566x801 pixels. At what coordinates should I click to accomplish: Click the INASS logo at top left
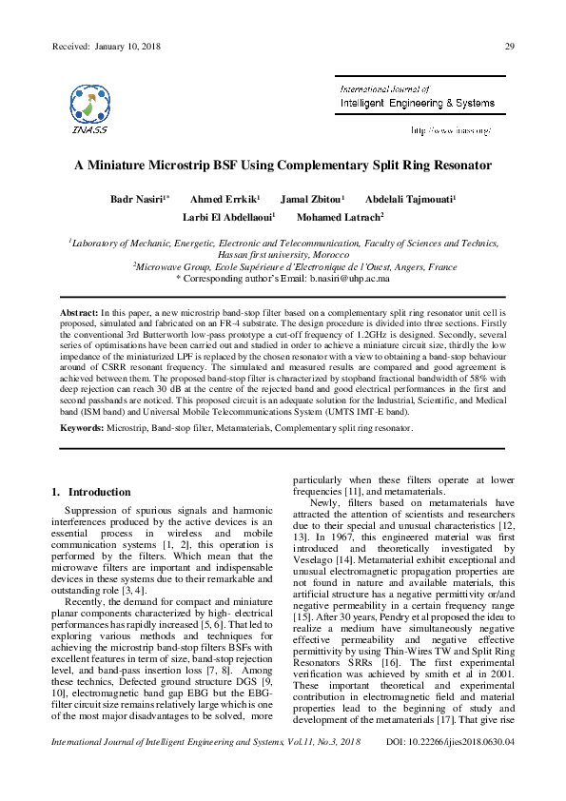coord(88,106)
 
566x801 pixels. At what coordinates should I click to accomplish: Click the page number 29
coord(510,48)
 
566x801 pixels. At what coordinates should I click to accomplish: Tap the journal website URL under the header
coord(451,128)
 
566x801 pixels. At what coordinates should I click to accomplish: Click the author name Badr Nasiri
coord(139,199)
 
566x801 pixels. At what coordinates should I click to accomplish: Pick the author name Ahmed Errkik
coord(224,199)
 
